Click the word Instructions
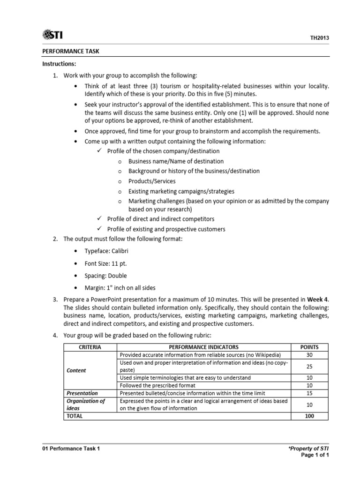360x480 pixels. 59,64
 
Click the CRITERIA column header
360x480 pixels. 91,347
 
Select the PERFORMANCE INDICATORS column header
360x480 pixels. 203,347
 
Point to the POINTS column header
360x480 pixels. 309,347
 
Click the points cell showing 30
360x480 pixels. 309,355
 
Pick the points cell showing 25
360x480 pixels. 309,366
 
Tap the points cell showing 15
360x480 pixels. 309,393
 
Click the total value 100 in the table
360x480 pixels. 309,416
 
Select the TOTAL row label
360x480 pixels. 75,416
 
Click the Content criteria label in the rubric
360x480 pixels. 76,370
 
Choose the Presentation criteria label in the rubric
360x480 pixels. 82,393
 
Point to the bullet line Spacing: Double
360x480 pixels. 105,276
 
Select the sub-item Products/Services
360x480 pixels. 152,181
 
